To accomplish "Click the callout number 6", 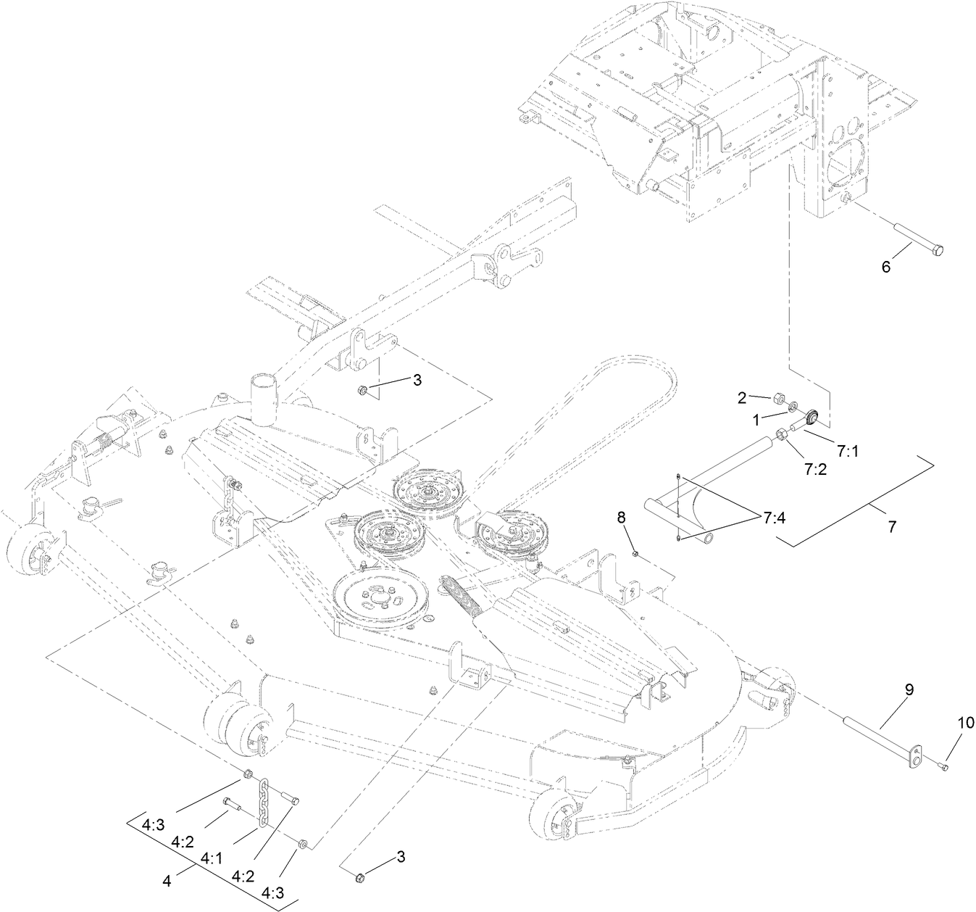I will [x=885, y=266].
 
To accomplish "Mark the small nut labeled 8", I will [x=635, y=555].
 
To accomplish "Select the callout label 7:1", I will [x=848, y=450].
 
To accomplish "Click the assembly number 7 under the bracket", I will [x=891, y=527].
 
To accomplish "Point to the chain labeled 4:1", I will [x=265, y=797].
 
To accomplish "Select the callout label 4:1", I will [x=211, y=858].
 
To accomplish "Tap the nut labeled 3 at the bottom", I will [x=359, y=879].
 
